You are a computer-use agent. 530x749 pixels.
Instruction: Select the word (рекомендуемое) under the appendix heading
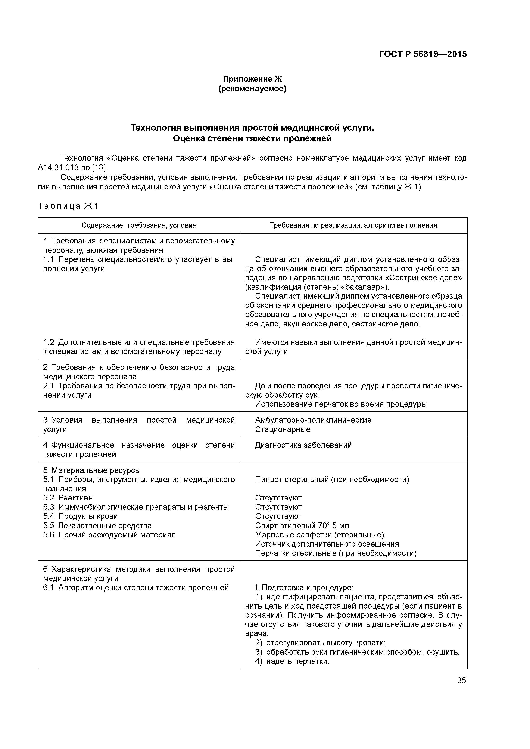click(252, 89)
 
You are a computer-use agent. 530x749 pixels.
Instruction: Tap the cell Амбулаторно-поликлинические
click(313, 420)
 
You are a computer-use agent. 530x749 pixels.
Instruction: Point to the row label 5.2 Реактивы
click(69, 498)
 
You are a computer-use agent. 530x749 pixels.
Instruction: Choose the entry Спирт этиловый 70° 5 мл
click(302, 525)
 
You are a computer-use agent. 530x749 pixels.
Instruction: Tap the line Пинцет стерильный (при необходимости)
click(332, 480)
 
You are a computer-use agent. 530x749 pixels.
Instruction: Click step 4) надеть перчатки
click(292, 661)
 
